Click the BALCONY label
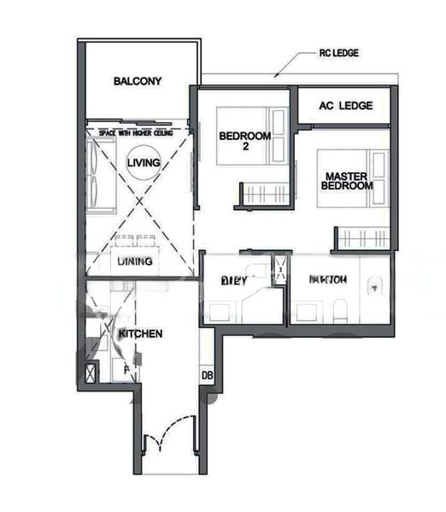[138, 82]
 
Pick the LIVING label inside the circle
[143, 162]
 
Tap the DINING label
[135, 261]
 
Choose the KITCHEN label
[140, 334]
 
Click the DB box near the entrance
[207, 375]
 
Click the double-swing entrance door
[168, 440]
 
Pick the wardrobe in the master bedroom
[361, 238]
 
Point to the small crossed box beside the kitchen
[90, 373]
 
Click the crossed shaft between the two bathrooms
[279, 271]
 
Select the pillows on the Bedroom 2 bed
[279, 135]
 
